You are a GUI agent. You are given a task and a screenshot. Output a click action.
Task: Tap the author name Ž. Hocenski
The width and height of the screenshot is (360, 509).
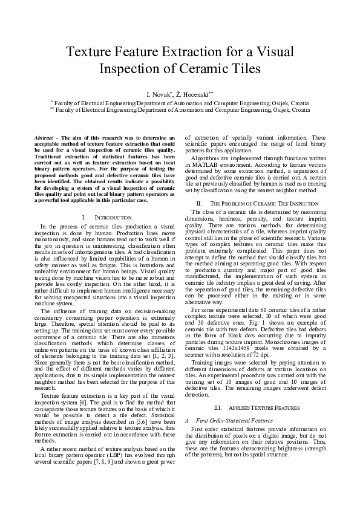(x=195, y=95)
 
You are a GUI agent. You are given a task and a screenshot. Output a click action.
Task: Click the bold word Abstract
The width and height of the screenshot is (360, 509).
(x=44, y=138)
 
